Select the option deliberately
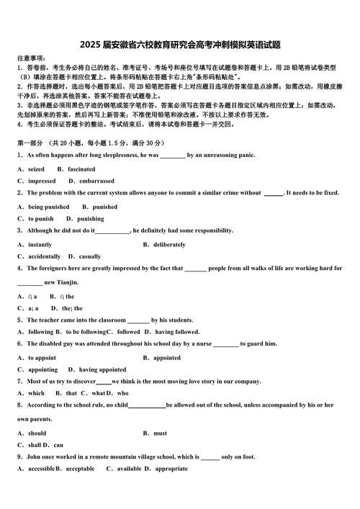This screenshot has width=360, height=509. [x=170, y=245]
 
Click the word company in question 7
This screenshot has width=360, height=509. [x=245, y=382]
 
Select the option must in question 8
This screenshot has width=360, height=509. [x=160, y=433]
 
